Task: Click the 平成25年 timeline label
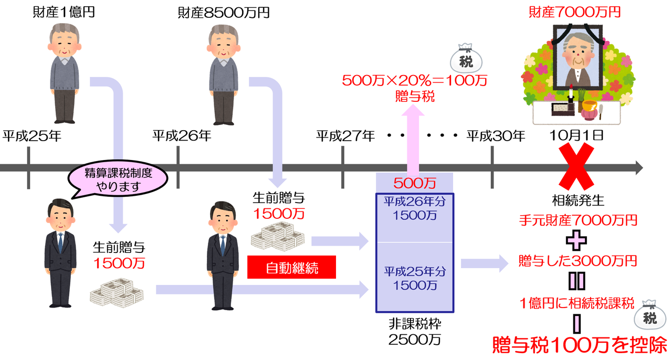tap(32, 136)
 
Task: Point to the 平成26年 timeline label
tap(182, 136)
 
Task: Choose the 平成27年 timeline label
tap(345, 136)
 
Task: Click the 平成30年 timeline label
tap(496, 136)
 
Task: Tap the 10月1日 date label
tap(576, 135)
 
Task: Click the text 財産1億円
tap(64, 12)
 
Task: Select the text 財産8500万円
tap(224, 12)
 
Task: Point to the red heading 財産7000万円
tap(574, 12)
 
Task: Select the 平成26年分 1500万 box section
tap(415, 218)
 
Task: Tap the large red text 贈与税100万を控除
tap(579, 345)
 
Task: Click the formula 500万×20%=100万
tap(415, 81)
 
